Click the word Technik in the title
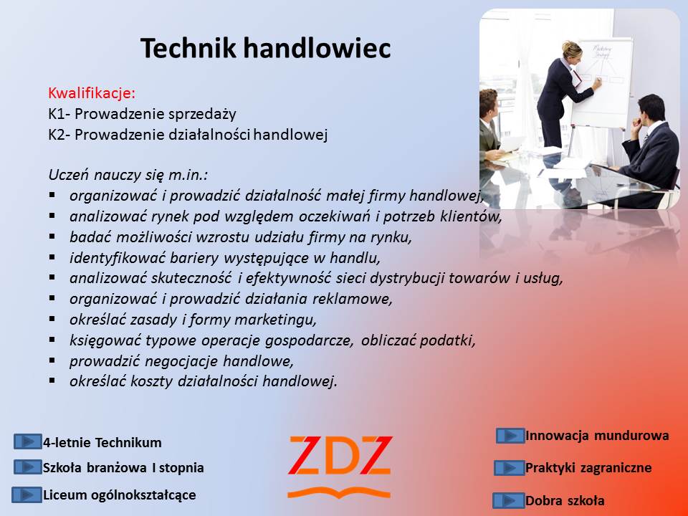188,48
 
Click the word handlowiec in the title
316,48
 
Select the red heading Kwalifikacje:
92,93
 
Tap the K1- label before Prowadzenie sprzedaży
59,114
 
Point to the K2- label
59,135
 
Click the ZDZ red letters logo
340,456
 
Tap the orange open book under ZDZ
339,493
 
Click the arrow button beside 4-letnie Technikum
28,441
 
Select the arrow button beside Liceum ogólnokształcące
27,495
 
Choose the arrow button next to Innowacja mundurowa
510,436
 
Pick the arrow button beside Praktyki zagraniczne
510,468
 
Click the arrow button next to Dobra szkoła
509,500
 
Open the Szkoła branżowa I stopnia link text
123,468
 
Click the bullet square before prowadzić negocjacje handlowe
52,360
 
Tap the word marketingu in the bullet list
275,320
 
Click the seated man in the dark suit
649,149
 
